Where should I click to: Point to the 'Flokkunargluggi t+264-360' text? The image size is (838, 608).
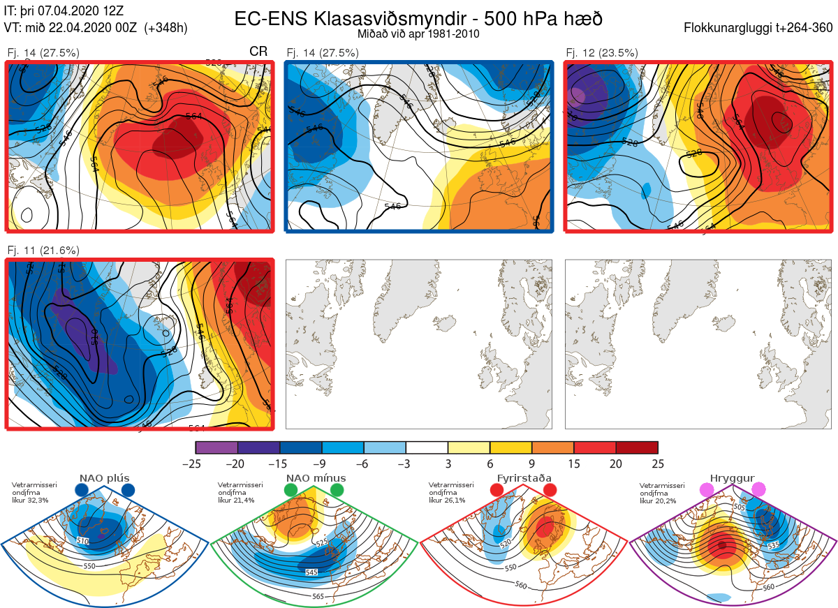coord(760,28)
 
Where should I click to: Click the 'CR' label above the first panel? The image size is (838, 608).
coord(258,52)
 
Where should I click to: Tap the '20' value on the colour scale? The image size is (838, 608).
coord(616,464)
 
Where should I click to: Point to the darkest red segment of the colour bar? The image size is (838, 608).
coord(637,447)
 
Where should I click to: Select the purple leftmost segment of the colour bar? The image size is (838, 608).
coord(216,447)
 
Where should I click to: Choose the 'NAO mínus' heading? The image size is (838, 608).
coord(316,478)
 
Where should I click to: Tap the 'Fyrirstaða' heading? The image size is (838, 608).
coord(522,478)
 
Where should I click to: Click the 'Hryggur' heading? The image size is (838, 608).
coord(732,478)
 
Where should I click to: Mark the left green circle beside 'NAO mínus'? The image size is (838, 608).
coord(291,490)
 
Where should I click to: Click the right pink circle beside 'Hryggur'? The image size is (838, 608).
coord(758,490)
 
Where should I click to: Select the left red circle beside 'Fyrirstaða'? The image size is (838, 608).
coord(497,490)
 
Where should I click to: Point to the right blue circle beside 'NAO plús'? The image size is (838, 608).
coord(128,490)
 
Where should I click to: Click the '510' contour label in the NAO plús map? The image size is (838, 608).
coord(83,541)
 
